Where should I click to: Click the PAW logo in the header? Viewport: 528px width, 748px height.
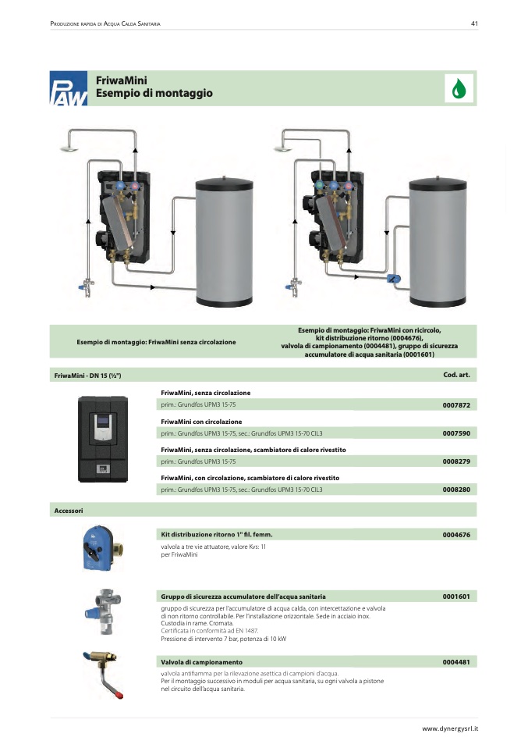point(69,88)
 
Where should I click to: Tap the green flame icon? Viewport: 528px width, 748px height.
point(459,88)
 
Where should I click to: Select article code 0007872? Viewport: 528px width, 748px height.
point(456,405)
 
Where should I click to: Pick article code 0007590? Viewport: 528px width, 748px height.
point(456,433)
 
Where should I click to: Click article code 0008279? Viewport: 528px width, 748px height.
point(456,461)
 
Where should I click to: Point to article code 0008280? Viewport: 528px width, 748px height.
point(456,490)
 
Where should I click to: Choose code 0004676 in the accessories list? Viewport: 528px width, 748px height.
point(456,535)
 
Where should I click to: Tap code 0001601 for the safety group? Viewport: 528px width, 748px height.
point(456,597)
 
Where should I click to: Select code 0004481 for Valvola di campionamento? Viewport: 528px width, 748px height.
point(456,662)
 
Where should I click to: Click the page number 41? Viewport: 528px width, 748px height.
point(474,23)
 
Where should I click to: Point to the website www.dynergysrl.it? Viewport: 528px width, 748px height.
point(450,728)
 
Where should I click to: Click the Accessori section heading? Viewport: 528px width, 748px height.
point(69,511)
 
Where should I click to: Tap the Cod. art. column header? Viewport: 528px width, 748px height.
point(456,375)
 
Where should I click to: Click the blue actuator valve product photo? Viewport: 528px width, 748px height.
point(102,548)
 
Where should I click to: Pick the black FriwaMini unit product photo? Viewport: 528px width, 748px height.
point(103,439)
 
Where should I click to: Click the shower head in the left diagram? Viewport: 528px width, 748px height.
point(69,149)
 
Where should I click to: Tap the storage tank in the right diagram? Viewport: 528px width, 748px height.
point(438,241)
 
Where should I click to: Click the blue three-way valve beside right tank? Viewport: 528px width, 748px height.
point(394,279)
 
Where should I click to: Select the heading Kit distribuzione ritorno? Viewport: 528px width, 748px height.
point(217,535)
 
